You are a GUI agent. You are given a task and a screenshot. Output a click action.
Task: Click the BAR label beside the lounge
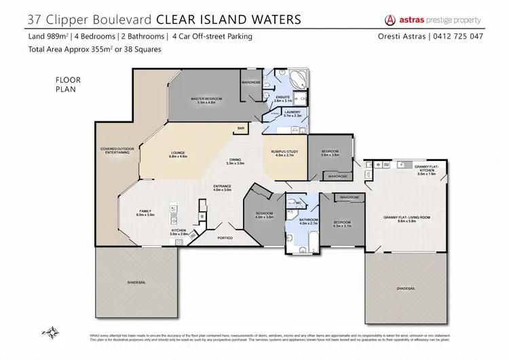pyautogui.click(x=240, y=127)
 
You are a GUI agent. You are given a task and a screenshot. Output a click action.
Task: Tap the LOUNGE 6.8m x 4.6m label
pyautogui.click(x=178, y=155)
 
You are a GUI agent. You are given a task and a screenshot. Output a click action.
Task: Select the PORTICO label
pyautogui.click(x=225, y=238)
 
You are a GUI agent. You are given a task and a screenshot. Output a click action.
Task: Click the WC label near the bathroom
pyautogui.click(x=297, y=202)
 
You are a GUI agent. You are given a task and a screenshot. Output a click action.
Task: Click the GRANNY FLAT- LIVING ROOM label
pyautogui.click(x=408, y=219)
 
